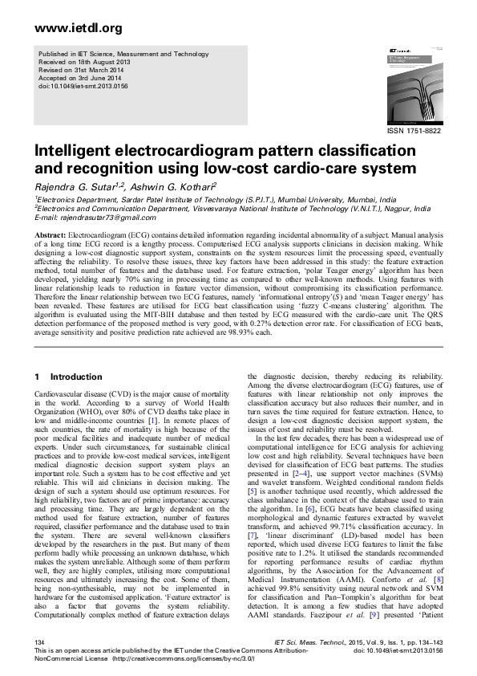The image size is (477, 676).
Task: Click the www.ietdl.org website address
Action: tap(79, 28)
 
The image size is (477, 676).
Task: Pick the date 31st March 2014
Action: tap(97, 70)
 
